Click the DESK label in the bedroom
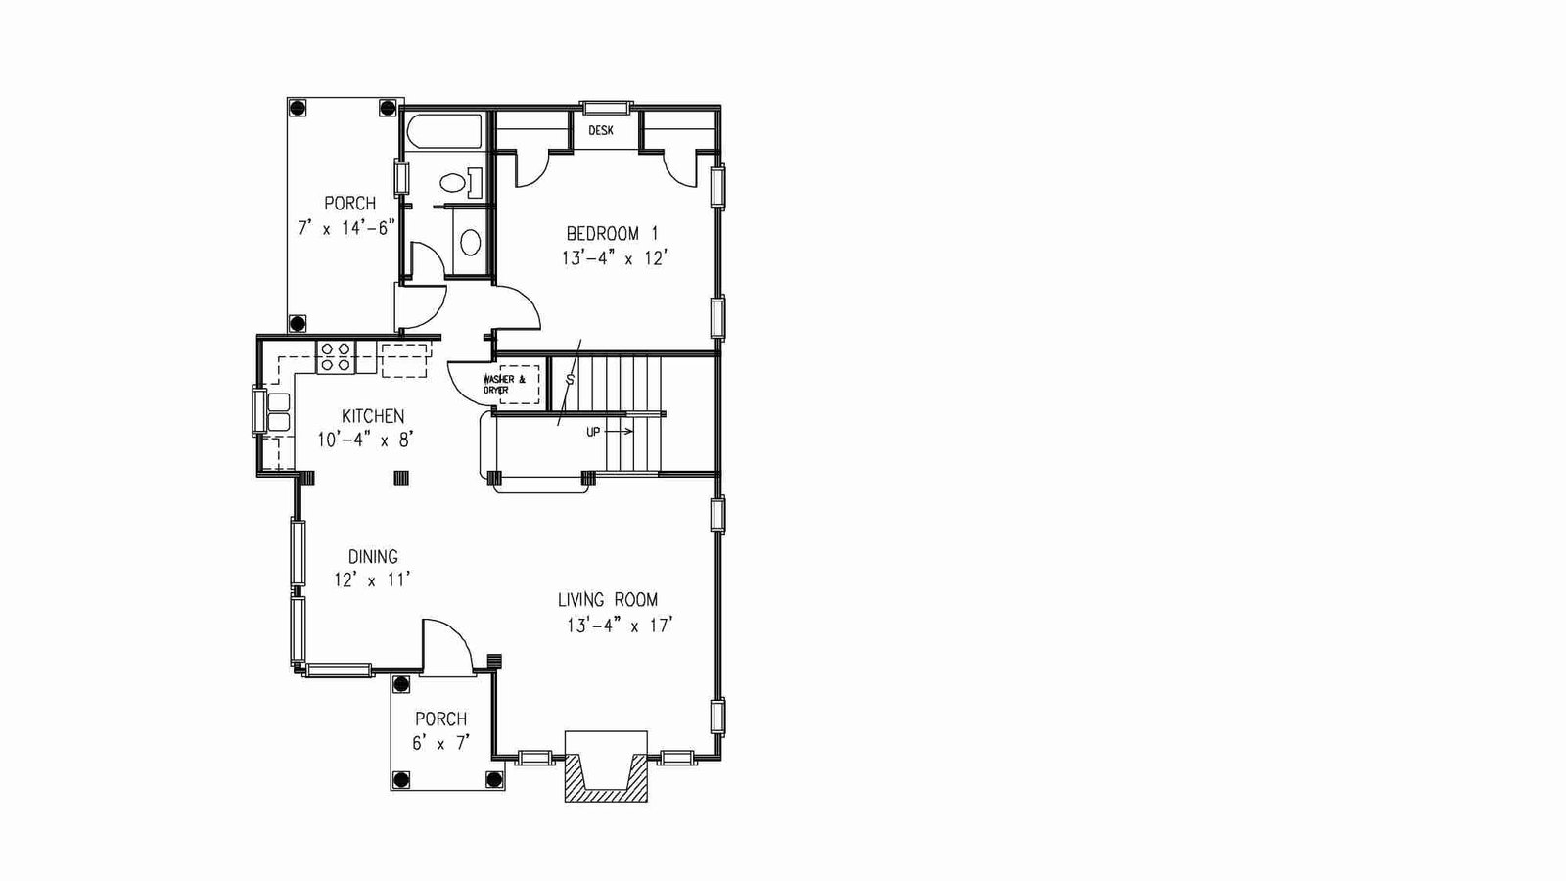point(601,131)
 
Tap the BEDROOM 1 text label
point(612,233)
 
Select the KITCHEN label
point(373,416)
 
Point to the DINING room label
point(373,557)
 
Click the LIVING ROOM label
point(608,600)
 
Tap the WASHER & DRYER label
point(503,384)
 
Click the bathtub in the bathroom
point(444,131)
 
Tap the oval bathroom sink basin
point(471,243)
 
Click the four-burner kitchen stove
point(336,356)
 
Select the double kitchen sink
point(279,412)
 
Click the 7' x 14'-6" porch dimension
point(346,229)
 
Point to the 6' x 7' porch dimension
point(440,743)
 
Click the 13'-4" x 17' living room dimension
point(619,626)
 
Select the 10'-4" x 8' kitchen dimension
point(366,440)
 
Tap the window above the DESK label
point(607,108)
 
